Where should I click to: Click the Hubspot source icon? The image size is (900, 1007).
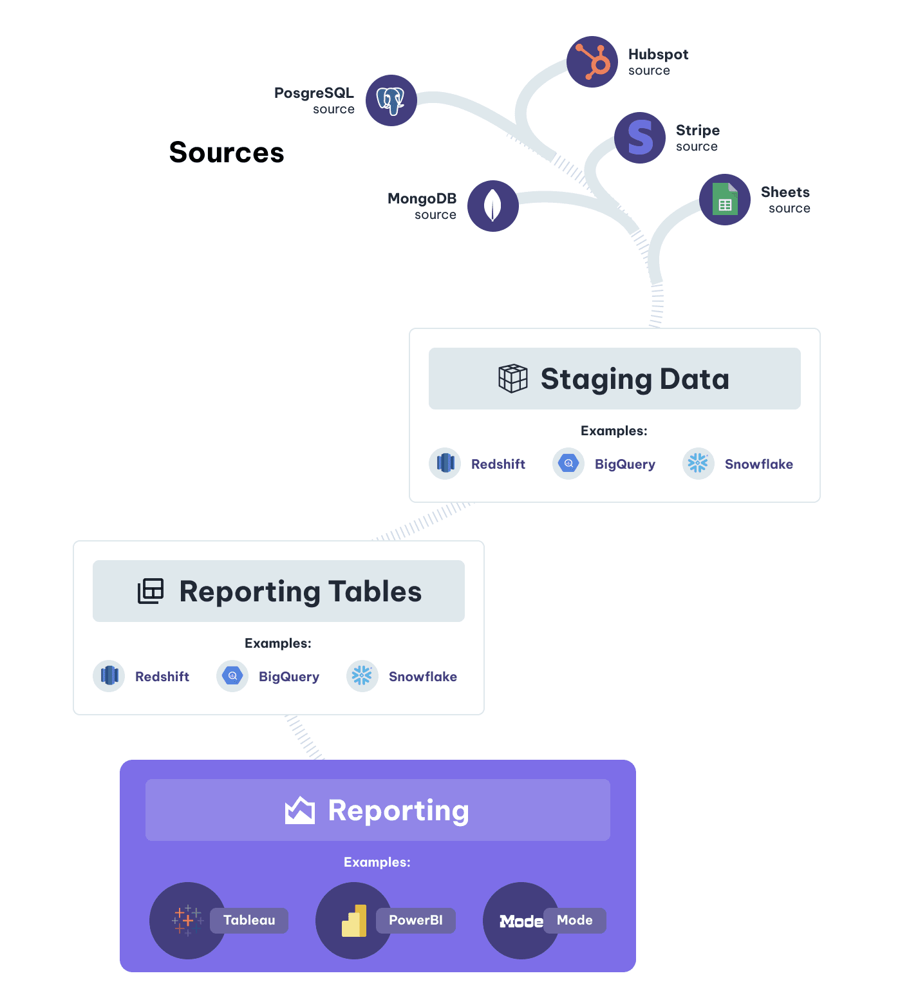pos(592,62)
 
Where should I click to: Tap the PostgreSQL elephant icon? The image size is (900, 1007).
pos(391,100)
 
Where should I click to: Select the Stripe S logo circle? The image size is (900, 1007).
pos(640,138)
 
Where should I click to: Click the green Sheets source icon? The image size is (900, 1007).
pos(725,200)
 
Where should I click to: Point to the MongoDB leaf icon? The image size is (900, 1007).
pos(493,206)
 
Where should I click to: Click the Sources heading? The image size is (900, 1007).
pos(227,153)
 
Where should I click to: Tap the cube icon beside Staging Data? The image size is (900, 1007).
pos(513,379)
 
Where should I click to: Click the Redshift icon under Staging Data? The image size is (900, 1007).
pos(445,463)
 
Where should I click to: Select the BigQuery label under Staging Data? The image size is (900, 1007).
pos(624,464)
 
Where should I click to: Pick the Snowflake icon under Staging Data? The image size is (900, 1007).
pos(698,463)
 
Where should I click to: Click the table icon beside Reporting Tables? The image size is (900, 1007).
pos(151,591)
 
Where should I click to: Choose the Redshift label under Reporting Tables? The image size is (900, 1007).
pos(162,677)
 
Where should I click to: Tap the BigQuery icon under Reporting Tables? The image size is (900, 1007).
pos(232,675)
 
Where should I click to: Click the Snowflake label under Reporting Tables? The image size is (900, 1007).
pos(422,677)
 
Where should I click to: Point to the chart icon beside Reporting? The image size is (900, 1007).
pos(300,811)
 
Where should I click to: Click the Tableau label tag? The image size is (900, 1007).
pos(249,920)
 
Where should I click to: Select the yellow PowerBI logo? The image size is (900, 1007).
pos(354,921)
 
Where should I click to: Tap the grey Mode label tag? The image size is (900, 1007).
pos(575,920)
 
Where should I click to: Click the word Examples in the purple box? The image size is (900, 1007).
pos(377,862)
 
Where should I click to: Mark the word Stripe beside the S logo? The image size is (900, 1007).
pos(698,130)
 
